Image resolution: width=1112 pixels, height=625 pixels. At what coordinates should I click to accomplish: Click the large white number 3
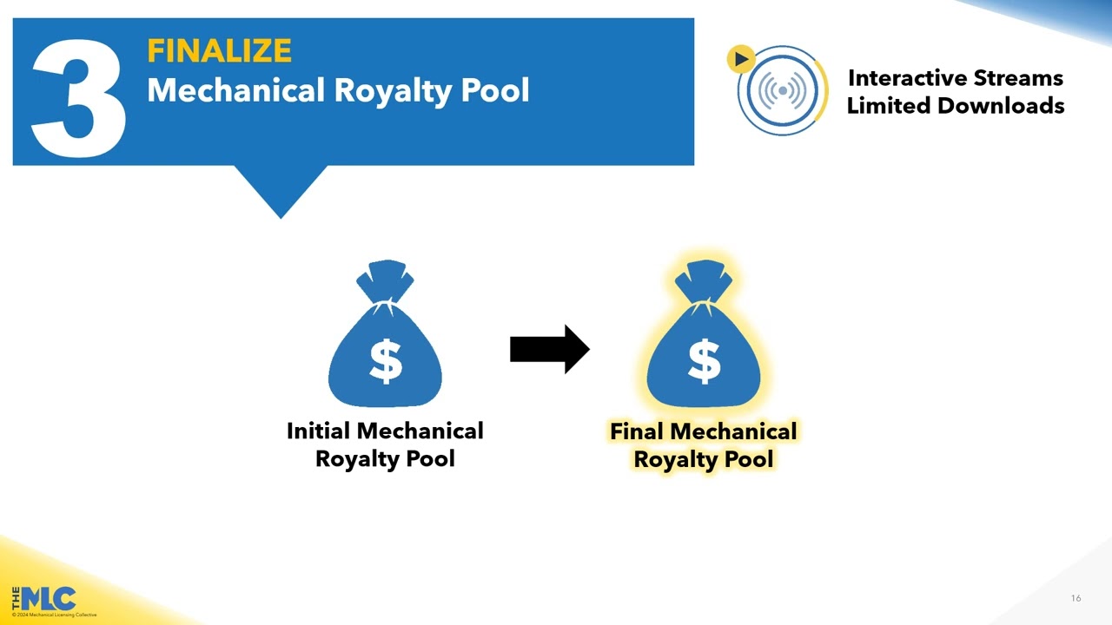click(79, 95)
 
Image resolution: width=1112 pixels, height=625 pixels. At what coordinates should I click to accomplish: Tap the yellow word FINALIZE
click(219, 51)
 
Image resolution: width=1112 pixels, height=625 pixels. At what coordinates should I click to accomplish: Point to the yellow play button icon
click(740, 59)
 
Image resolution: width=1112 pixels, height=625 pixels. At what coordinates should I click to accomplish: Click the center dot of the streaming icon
click(783, 90)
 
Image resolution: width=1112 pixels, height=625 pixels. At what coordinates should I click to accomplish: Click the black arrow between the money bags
click(549, 350)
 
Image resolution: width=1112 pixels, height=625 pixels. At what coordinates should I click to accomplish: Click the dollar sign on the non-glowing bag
click(385, 361)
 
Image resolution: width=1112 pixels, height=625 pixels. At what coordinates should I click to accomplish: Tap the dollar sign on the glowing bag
click(704, 361)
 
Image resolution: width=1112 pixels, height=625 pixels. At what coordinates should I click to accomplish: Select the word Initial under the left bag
click(318, 431)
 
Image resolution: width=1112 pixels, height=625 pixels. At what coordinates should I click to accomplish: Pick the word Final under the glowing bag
click(637, 432)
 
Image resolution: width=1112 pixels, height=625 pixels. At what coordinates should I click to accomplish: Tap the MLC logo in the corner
click(48, 598)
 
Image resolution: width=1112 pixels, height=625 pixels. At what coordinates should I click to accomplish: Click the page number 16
click(1076, 598)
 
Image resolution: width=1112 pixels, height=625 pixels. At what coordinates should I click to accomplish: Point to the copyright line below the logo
click(55, 615)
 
